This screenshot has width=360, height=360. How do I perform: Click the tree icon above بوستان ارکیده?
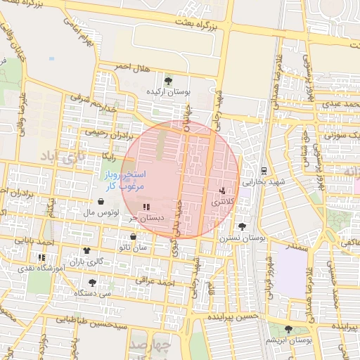tap(167, 80)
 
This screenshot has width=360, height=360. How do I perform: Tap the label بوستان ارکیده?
tap(167, 92)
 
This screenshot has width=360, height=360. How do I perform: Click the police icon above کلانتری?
tap(224, 190)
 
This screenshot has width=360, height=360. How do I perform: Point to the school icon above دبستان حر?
tap(146, 207)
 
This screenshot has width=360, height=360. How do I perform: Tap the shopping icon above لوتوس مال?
tap(102, 201)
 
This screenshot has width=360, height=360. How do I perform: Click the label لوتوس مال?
tap(98, 212)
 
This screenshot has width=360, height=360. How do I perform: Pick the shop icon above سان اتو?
tap(133, 237)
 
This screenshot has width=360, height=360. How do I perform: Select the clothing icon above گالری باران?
tap(86, 250)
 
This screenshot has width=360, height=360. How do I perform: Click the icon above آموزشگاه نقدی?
tap(41, 257)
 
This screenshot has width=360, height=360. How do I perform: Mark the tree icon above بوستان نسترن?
tap(243, 226)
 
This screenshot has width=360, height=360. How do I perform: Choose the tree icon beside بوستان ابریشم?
tap(288, 328)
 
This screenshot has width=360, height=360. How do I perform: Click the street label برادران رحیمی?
tap(104, 131)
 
